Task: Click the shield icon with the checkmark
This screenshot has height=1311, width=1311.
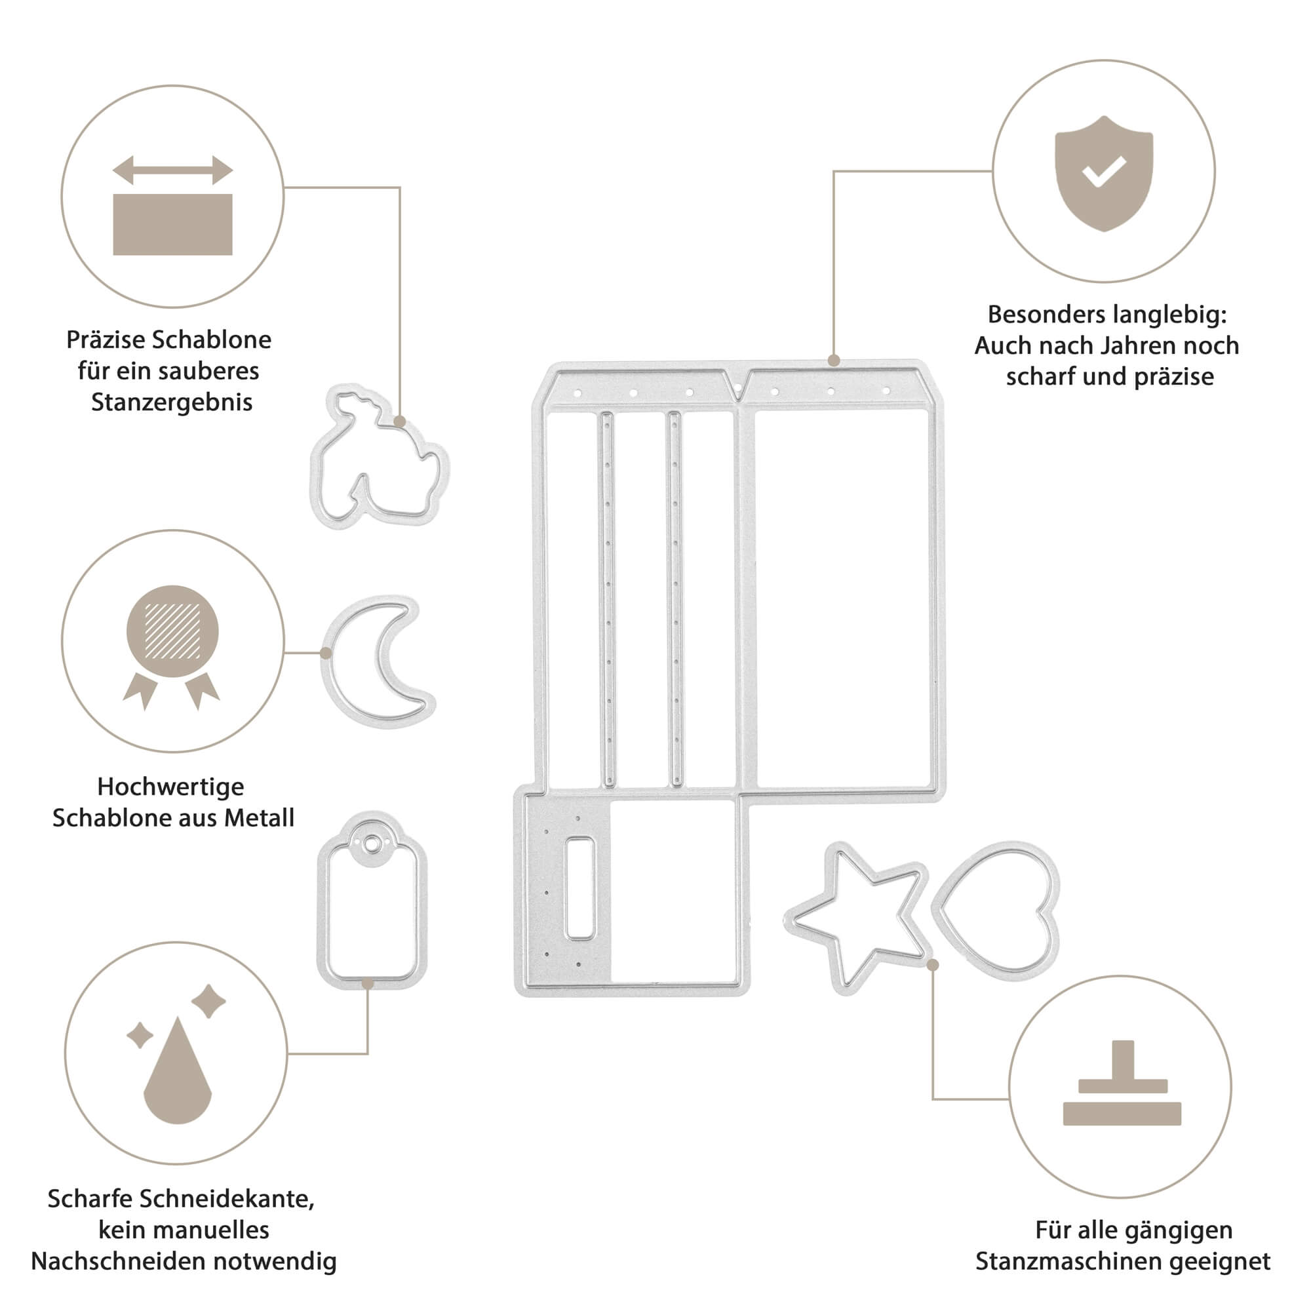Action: [x=1103, y=173]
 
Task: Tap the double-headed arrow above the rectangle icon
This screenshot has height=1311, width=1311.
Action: [x=172, y=170]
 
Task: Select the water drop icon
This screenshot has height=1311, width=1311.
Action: [x=177, y=1072]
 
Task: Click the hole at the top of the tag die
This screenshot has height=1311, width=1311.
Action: [x=371, y=844]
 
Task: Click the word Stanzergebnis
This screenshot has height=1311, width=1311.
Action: [x=172, y=402]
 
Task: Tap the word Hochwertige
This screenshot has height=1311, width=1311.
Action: [x=170, y=787]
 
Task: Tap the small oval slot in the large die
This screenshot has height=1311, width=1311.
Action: [x=579, y=888]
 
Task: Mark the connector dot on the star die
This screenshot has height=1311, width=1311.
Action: [x=933, y=965]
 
